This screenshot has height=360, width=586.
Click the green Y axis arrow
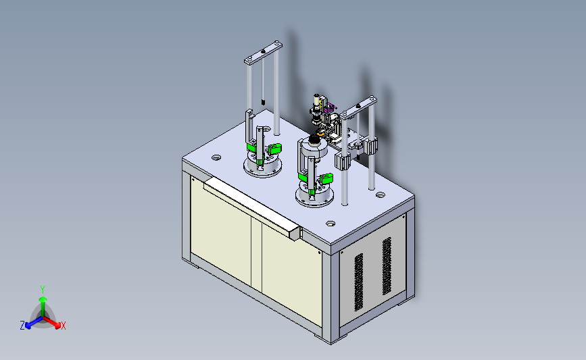(43, 307)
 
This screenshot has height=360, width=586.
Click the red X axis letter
(64, 326)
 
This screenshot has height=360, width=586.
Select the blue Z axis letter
(22, 326)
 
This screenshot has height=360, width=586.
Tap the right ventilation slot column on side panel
(387, 266)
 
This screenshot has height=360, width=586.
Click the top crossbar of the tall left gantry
(263, 53)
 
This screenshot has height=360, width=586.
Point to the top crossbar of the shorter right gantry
(358, 107)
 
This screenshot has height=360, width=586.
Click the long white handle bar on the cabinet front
(253, 208)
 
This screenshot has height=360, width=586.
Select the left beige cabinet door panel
(221, 230)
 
